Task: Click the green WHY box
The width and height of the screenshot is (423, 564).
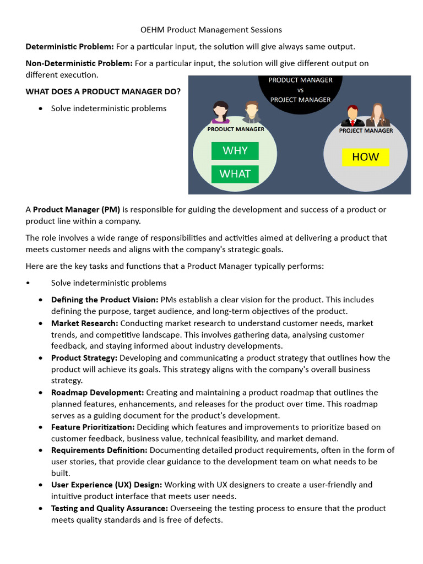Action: pyautogui.click(x=235, y=151)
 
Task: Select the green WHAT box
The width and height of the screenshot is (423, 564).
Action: pyautogui.click(x=235, y=174)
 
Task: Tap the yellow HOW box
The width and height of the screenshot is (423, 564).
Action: pyautogui.click(x=365, y=157)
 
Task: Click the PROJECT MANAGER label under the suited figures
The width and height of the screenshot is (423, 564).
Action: pyautogui.click(x=366, y=131)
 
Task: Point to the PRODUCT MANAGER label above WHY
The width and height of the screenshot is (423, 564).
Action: pyautogui.click(x=235, y=129)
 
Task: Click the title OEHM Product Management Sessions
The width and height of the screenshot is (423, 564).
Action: pyautogui.click(x=211, y=29)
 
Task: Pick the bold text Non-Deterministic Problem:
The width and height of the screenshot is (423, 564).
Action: pyautogui.click(x=79, y=63)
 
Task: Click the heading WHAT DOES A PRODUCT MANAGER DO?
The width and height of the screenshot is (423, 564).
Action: pyautogui.click(x=103, y=91)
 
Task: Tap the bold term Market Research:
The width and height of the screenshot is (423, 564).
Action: pyautogui.click(x=84, y=323)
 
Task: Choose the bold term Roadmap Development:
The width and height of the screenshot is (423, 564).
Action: pyautogui.click(x=97, y=392)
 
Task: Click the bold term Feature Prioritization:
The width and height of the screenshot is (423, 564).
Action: pyautogui.click(x=93, y=427)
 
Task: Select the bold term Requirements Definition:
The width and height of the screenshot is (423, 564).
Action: pyautogui.click(x=99, y=450)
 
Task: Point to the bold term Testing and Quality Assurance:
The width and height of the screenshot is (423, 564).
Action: pyautogui.click(x=110, y=508)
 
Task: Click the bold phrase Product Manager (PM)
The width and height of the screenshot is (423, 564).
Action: pyautogui.click(x=77, y=209)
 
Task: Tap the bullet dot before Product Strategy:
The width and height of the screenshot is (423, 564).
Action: pyautogui.click(x=41, y=358)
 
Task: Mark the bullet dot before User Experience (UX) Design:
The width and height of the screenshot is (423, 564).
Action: pyautogui.click(x=41, y=485)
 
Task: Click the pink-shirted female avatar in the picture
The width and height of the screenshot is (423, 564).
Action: pyautogui.click(x=221, y=112)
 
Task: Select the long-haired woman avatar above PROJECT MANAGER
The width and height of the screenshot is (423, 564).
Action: pyautogui.click(x=378, y=115)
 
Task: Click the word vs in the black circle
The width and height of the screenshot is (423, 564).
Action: pyautogui.click(x=300, y=90)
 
